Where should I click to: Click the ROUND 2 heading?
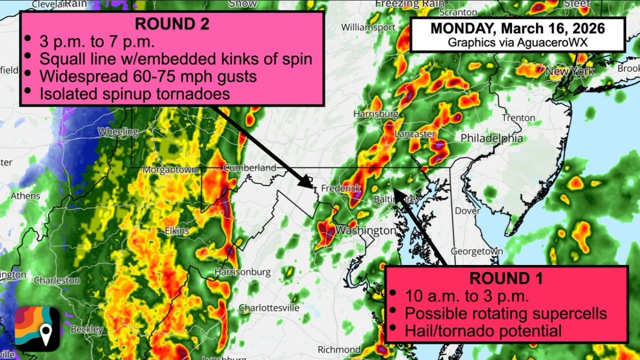click(171, 23)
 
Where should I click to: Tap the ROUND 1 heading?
click(506, 277)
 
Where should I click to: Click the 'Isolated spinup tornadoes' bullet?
click(134, 93)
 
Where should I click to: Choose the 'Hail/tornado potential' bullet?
click(483, 330)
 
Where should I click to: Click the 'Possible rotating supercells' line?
click(505, 313)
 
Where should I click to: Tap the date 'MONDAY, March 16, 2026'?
click(517, 28)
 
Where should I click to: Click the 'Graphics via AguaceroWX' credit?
click(517, 42)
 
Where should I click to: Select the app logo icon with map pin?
click(37, 328)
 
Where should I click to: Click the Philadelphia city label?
click(491, 138)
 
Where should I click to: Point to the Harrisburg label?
click(375, 114)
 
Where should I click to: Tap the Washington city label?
click(365, 230)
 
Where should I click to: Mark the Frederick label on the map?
click(340, 188)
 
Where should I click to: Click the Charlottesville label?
click(268, 307)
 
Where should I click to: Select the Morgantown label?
click(170, 170)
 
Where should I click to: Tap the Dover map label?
click(467, 210)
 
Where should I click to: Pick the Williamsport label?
click(368, 27)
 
